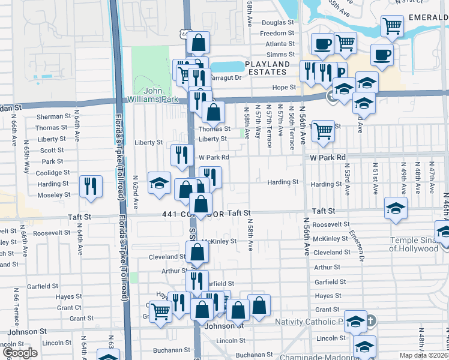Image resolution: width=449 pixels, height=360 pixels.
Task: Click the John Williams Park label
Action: (161, 95)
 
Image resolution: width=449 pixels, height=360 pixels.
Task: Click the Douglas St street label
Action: (278, 22)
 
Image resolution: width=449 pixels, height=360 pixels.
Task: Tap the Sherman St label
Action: (53, 116)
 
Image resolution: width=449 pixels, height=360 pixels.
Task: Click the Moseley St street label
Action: (54, 196)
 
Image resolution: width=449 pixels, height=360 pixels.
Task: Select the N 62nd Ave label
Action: (136, 192)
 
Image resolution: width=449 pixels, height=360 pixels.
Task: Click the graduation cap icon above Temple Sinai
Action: (395, 208)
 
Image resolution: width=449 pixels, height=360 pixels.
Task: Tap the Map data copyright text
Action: (423, 354)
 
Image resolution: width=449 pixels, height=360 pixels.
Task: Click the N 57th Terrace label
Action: (269, 125)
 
